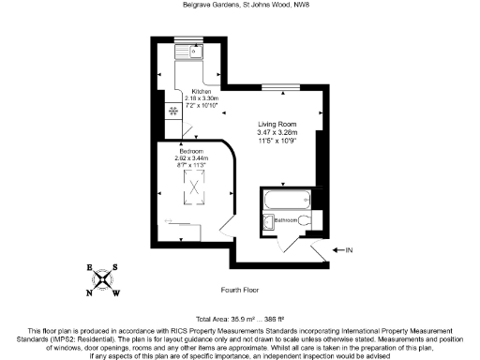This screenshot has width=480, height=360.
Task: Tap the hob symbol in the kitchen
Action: pos(173,112)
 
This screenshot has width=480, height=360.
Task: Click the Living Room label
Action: pos(277,125)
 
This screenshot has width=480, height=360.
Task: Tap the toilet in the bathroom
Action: pos(315,220)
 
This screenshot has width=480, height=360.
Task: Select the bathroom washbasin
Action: pos(268,221)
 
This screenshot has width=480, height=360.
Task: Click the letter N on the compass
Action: pos(92,291)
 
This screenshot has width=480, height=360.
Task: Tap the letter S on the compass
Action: pos(116,267)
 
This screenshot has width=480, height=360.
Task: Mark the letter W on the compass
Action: pos(116,292)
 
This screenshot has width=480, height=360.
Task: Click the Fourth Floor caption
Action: pos(240,290)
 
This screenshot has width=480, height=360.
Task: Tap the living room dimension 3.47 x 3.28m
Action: pos(277,133)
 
